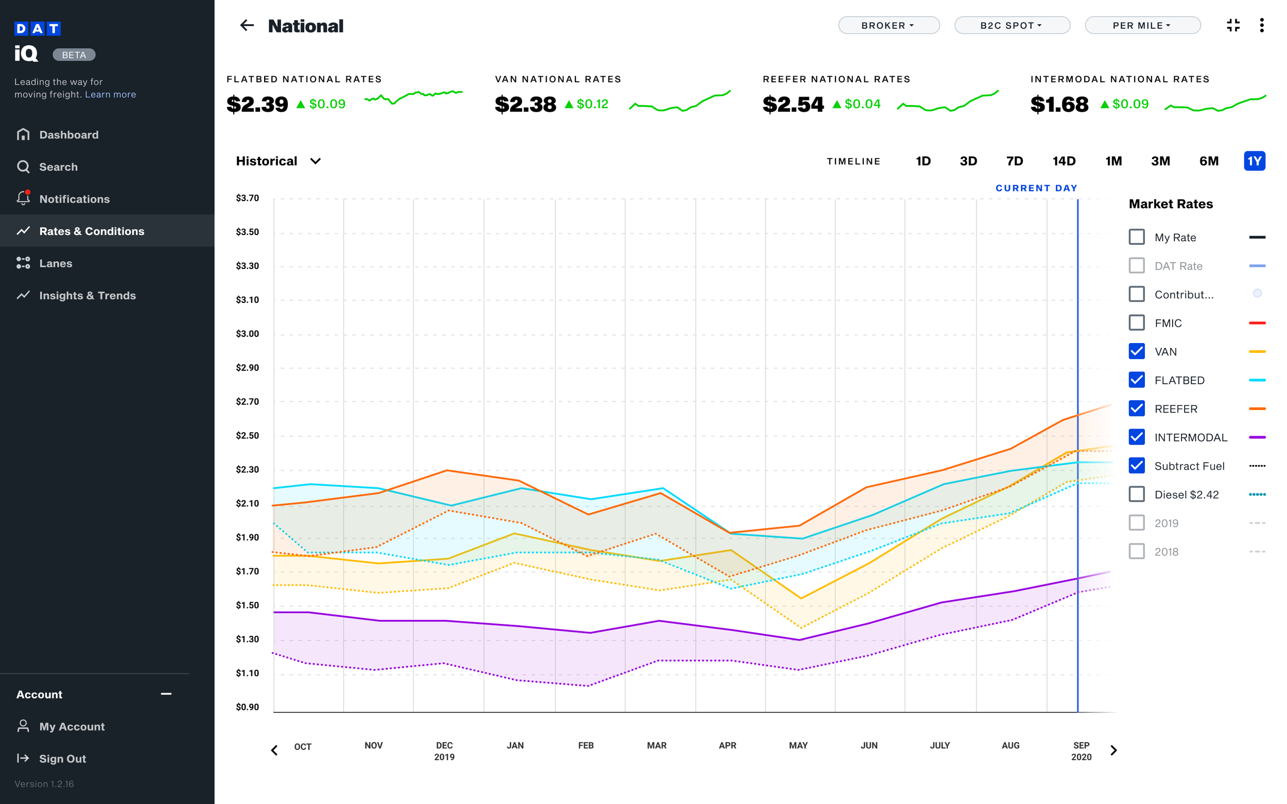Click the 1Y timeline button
point(1254,161)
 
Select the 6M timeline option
point(1208,161)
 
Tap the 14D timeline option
point(1064,161)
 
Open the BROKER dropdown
point(889,26)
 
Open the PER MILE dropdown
point(1142,26)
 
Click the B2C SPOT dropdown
point(1012,26)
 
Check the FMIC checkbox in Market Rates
point(1137,323)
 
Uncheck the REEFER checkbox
point(1137,408)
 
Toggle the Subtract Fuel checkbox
point(1137,466)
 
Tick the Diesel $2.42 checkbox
point(1137,494)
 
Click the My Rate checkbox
point(1137,237)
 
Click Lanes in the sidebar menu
point(55,263)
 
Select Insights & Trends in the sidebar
point(87,296)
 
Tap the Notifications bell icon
point(23,199)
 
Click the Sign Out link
point(62,759)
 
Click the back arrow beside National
point(247,26)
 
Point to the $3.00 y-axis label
point(248,334)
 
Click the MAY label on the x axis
point(798,745)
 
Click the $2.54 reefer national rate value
point(793,104)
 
